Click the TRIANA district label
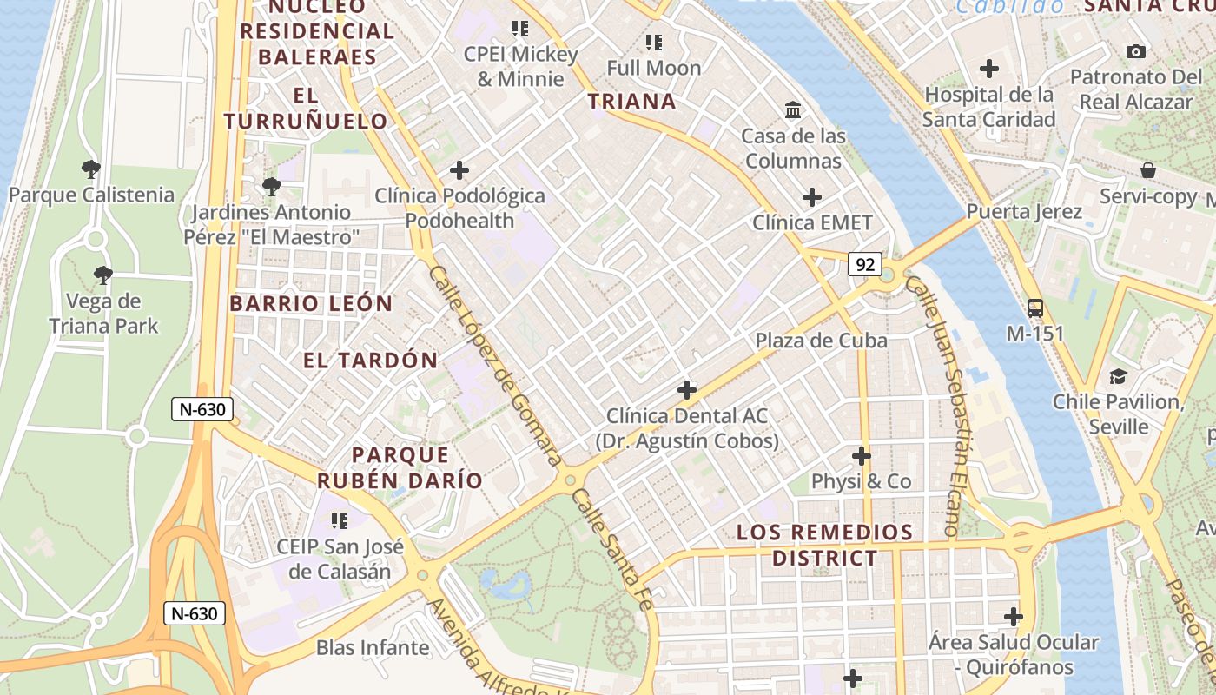coord(631,102)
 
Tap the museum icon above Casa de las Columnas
coord(793,110)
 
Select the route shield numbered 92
coord(865,264)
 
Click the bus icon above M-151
coord(1035,308)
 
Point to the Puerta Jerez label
coord(1024,212)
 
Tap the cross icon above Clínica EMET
coord(812,197)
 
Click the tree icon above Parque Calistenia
coord(91,169)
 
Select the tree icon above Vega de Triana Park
coord(103,275)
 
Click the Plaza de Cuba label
coord(821,340)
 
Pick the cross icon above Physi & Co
coord(861,455)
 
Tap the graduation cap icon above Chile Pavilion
coord(1118,376)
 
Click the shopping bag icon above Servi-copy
coord(1147,170)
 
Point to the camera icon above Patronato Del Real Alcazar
coord(1135,52)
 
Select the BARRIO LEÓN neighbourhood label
coord(311,304)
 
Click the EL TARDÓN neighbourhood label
coord(370,361)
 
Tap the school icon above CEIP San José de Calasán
coord(340,520)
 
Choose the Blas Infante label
coord(373,647)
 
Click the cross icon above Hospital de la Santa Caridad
coord(988,69)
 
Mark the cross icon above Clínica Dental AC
coord(687,390)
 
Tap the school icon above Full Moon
coord(653,42)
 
